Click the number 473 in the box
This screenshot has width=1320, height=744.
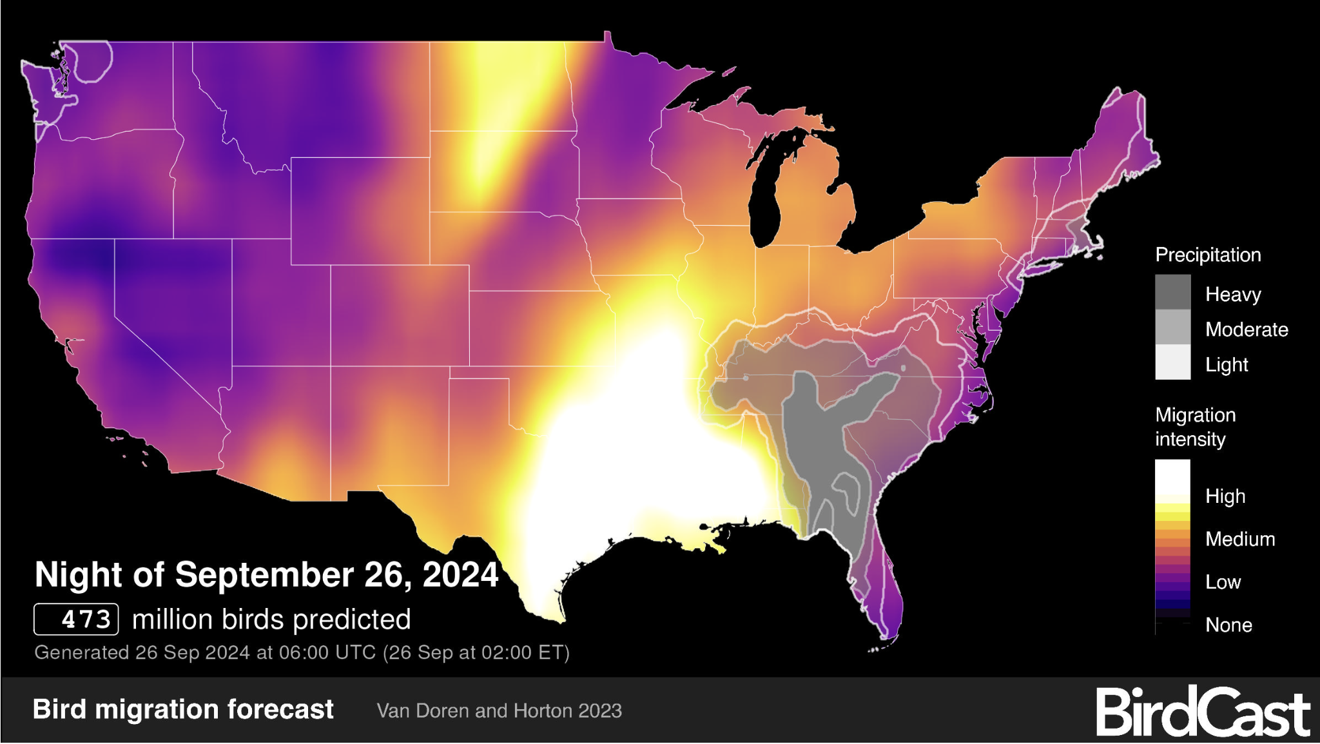(x=77, y=620)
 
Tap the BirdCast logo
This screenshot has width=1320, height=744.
(x=1203, y=712)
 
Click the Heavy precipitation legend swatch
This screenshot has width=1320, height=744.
(x=1172, y=292)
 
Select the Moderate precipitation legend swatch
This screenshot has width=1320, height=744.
(x=1172, y=328)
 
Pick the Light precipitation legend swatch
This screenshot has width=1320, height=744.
(x=1172, y=362)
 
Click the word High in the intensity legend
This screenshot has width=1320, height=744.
(x=1225, y=496)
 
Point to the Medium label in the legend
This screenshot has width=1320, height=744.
(x=1240, y=539)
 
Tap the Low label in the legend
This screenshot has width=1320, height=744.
(x=1223, y=582)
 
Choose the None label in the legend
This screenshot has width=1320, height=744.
(x=1228, y=625)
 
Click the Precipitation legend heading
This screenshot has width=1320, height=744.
(x=1208, y=255)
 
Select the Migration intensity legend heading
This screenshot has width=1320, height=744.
(x=1195, y=427)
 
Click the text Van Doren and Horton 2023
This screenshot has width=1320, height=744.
(x=499, y=710)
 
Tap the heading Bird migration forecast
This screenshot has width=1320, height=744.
(x=183, y=709)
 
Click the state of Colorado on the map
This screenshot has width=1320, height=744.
(x=400, y=316)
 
